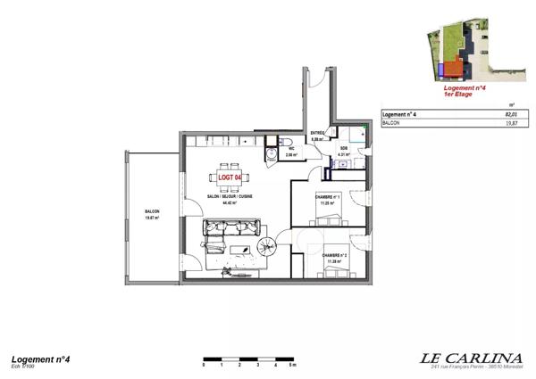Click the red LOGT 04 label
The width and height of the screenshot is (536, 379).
[x=230, y=177]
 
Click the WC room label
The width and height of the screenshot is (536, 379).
[x=290, y=150]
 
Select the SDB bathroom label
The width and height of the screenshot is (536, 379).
[x=344, y=149]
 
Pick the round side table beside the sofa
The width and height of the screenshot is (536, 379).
[x=265, y=247]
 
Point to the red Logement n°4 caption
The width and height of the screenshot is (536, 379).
[x=464, y=88]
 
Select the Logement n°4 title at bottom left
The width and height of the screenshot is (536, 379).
[x=39, y=358]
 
